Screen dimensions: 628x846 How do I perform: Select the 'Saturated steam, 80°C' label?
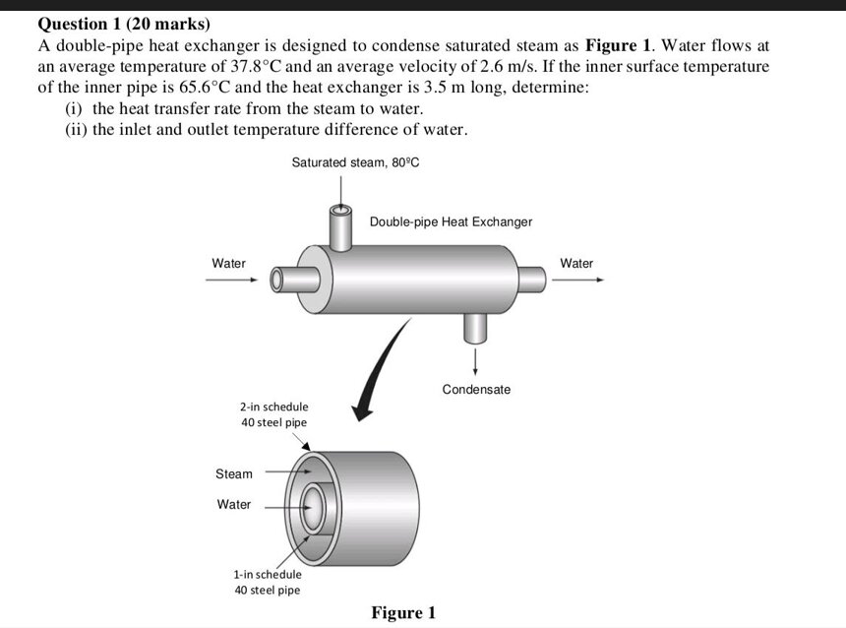355,161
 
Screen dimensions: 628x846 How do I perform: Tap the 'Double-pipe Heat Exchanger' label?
451,221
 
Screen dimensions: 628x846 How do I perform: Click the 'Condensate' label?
476,390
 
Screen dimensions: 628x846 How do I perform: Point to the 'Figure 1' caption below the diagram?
402,613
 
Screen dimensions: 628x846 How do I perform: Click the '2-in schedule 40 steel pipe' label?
273,414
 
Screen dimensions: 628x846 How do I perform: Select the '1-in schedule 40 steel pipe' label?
268,582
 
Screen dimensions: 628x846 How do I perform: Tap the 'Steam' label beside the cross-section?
234,473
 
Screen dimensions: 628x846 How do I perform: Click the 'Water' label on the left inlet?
229,263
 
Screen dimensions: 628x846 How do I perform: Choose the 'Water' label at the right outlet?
576,263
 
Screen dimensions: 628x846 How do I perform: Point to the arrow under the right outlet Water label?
577,280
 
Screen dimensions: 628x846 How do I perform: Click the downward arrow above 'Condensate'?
475,360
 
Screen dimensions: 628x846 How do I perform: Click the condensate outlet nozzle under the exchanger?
475,326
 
